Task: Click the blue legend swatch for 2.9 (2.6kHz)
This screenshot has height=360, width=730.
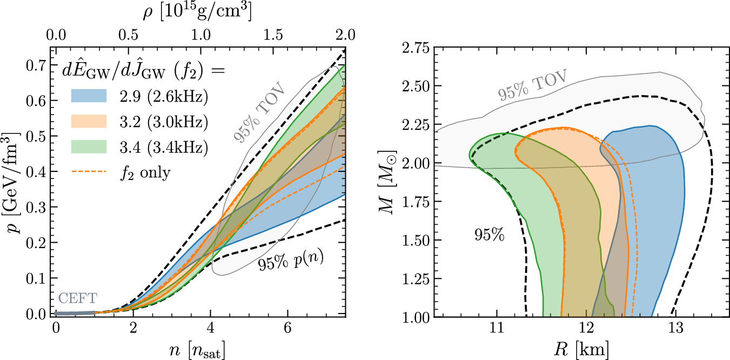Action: click(90, 96)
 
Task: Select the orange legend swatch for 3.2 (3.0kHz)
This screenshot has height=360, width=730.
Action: click(90, 121)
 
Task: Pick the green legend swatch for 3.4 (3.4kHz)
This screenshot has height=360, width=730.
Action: click(90, 145)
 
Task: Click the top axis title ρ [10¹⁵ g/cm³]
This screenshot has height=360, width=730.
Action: click(200, 12)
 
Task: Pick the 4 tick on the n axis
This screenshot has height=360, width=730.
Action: click(210, 328)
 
